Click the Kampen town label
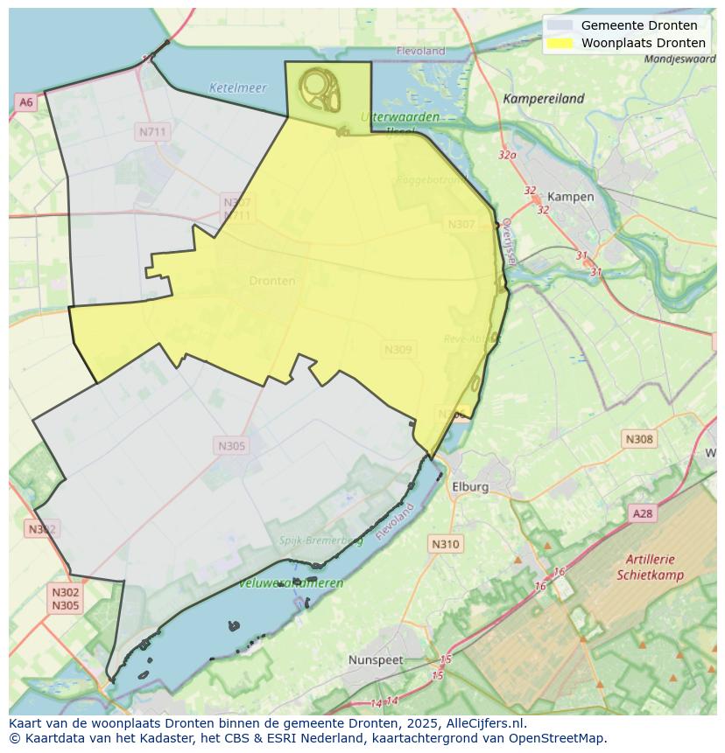(570, 197)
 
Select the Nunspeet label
(376, 660)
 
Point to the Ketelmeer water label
(237, 87)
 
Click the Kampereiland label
(543, 99)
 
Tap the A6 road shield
(25, 102)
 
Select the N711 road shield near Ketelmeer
(152, 132)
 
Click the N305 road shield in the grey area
(232, 446)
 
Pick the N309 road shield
(398, 350)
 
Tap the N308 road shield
(639, 439)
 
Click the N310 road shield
(446, 544)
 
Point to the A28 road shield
(643, 513)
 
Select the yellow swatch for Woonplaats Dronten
(560, 43)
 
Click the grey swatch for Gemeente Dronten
(560, 25)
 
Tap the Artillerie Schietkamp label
(650, 568)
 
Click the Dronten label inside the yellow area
(272, 281)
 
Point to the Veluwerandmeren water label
(291, 582)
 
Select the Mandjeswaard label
(679, 59)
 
